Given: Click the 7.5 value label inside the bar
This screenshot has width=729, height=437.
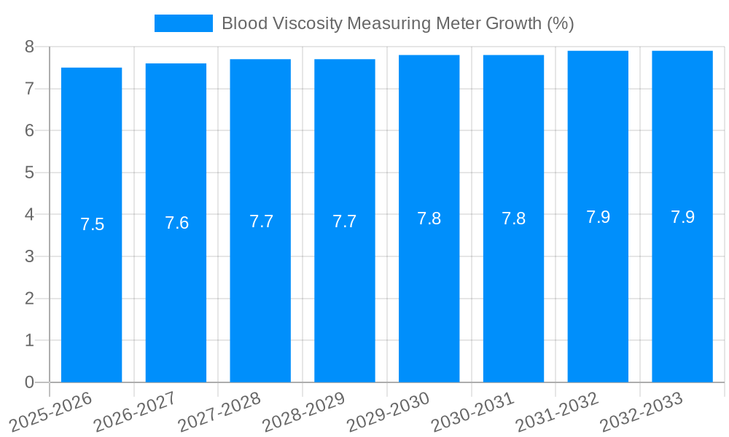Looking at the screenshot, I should (93, 224).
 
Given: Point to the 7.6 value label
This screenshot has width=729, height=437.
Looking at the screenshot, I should (176, 223).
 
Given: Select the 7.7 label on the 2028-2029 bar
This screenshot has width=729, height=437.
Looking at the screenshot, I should (344, 221).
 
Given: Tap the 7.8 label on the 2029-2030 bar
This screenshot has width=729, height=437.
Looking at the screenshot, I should (429, 219).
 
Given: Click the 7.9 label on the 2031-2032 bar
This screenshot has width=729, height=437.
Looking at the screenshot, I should (598, 217).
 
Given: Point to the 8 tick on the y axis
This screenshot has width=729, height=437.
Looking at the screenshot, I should (29, 47).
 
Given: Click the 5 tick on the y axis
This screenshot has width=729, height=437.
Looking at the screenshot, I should (29, 173).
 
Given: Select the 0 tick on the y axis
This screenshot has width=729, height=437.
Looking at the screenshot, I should (29, 382).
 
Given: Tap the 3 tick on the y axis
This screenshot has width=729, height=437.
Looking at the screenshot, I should (29, 256).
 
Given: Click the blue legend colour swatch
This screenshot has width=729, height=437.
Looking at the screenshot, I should (183, 23).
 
